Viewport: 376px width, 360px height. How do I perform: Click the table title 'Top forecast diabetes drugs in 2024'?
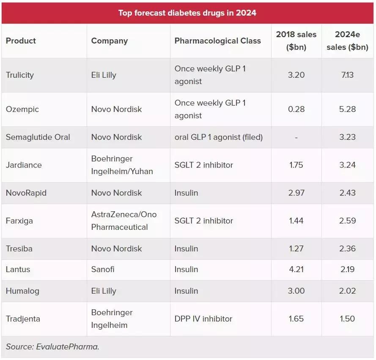[187, 13]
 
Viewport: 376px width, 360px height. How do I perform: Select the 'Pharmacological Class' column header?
[217, 41]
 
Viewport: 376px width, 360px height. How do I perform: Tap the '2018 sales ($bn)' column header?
[296, 41]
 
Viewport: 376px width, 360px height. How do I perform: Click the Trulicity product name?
[20, 75]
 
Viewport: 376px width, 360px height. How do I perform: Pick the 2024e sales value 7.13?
[347, 75]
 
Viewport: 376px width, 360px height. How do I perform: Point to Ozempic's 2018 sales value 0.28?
[296, 109]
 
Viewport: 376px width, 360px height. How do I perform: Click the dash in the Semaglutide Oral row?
[296, 137]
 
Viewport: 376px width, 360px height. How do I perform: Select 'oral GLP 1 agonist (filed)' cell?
[218, 137]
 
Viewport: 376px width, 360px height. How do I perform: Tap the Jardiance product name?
[24, 165]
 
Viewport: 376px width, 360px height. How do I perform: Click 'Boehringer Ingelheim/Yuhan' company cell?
[122, 165]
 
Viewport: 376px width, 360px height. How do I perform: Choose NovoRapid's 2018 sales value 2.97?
[296, 193]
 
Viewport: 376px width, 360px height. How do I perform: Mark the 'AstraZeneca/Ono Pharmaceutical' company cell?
[124, 221]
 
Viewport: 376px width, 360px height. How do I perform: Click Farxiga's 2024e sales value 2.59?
[347, 221]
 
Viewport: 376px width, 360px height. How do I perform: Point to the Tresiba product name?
[19, 248]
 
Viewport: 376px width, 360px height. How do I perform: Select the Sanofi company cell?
[103, 270]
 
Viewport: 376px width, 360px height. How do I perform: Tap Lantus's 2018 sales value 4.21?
[296, 270]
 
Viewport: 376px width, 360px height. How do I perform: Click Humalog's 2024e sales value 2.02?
[347, 291]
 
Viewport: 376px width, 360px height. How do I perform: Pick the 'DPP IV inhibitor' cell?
[203, 319]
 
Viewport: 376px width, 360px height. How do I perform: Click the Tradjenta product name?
[23, 319]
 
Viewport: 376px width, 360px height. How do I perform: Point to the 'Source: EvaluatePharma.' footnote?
[52, 347]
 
